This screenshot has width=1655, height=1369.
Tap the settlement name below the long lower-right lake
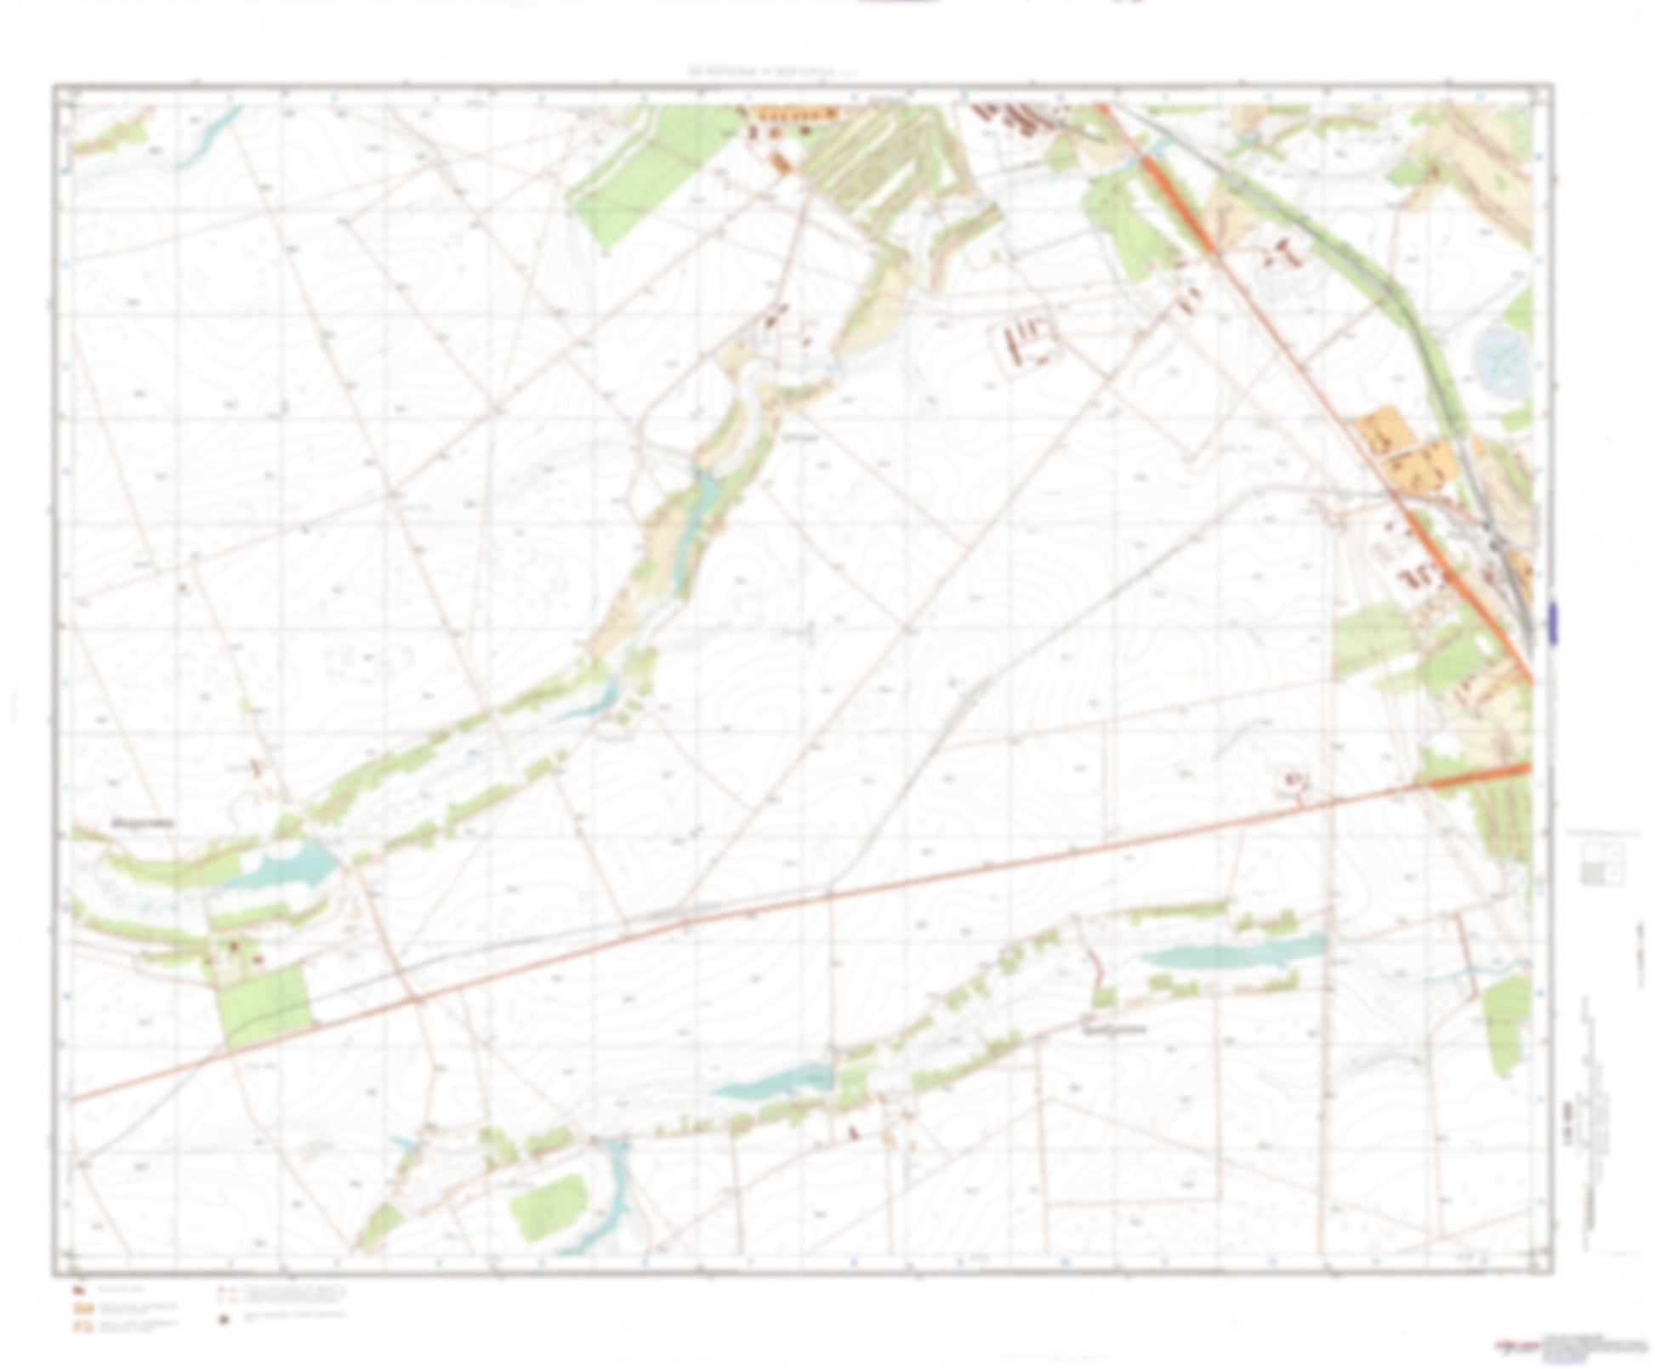tap(1114, 1029)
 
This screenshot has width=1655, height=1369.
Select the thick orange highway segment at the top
tap(1174, 196)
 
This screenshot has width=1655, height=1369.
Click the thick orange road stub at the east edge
tap(1480, 775)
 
